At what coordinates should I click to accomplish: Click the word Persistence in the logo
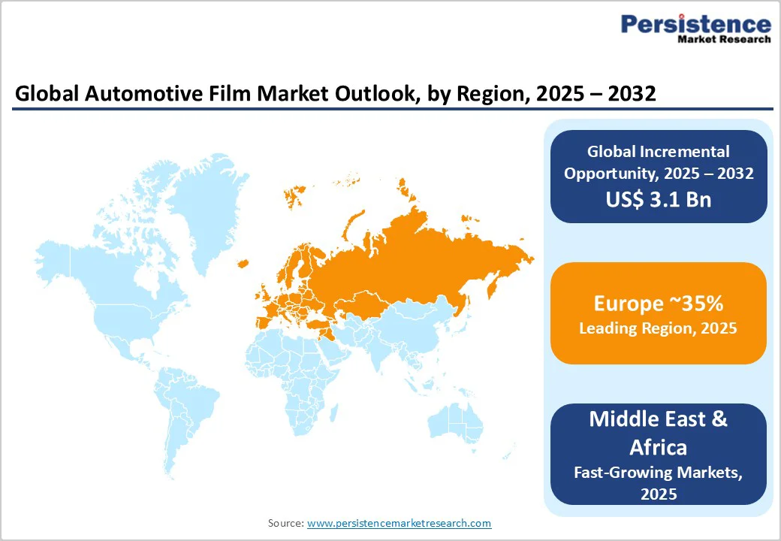tap(695, 25)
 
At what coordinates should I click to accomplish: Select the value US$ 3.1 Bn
tap(659, 200)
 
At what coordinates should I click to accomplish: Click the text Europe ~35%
tap(658, 304)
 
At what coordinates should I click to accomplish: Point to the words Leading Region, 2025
tap(658, 328)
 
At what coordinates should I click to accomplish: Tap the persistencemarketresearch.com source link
tap(399, 523)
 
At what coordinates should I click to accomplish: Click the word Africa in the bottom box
tap(658, 447)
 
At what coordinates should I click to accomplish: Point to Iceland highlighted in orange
tap(243, 263)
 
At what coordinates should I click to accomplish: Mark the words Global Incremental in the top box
tap(658, 152)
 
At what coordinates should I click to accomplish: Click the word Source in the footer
tap(285, 523)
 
